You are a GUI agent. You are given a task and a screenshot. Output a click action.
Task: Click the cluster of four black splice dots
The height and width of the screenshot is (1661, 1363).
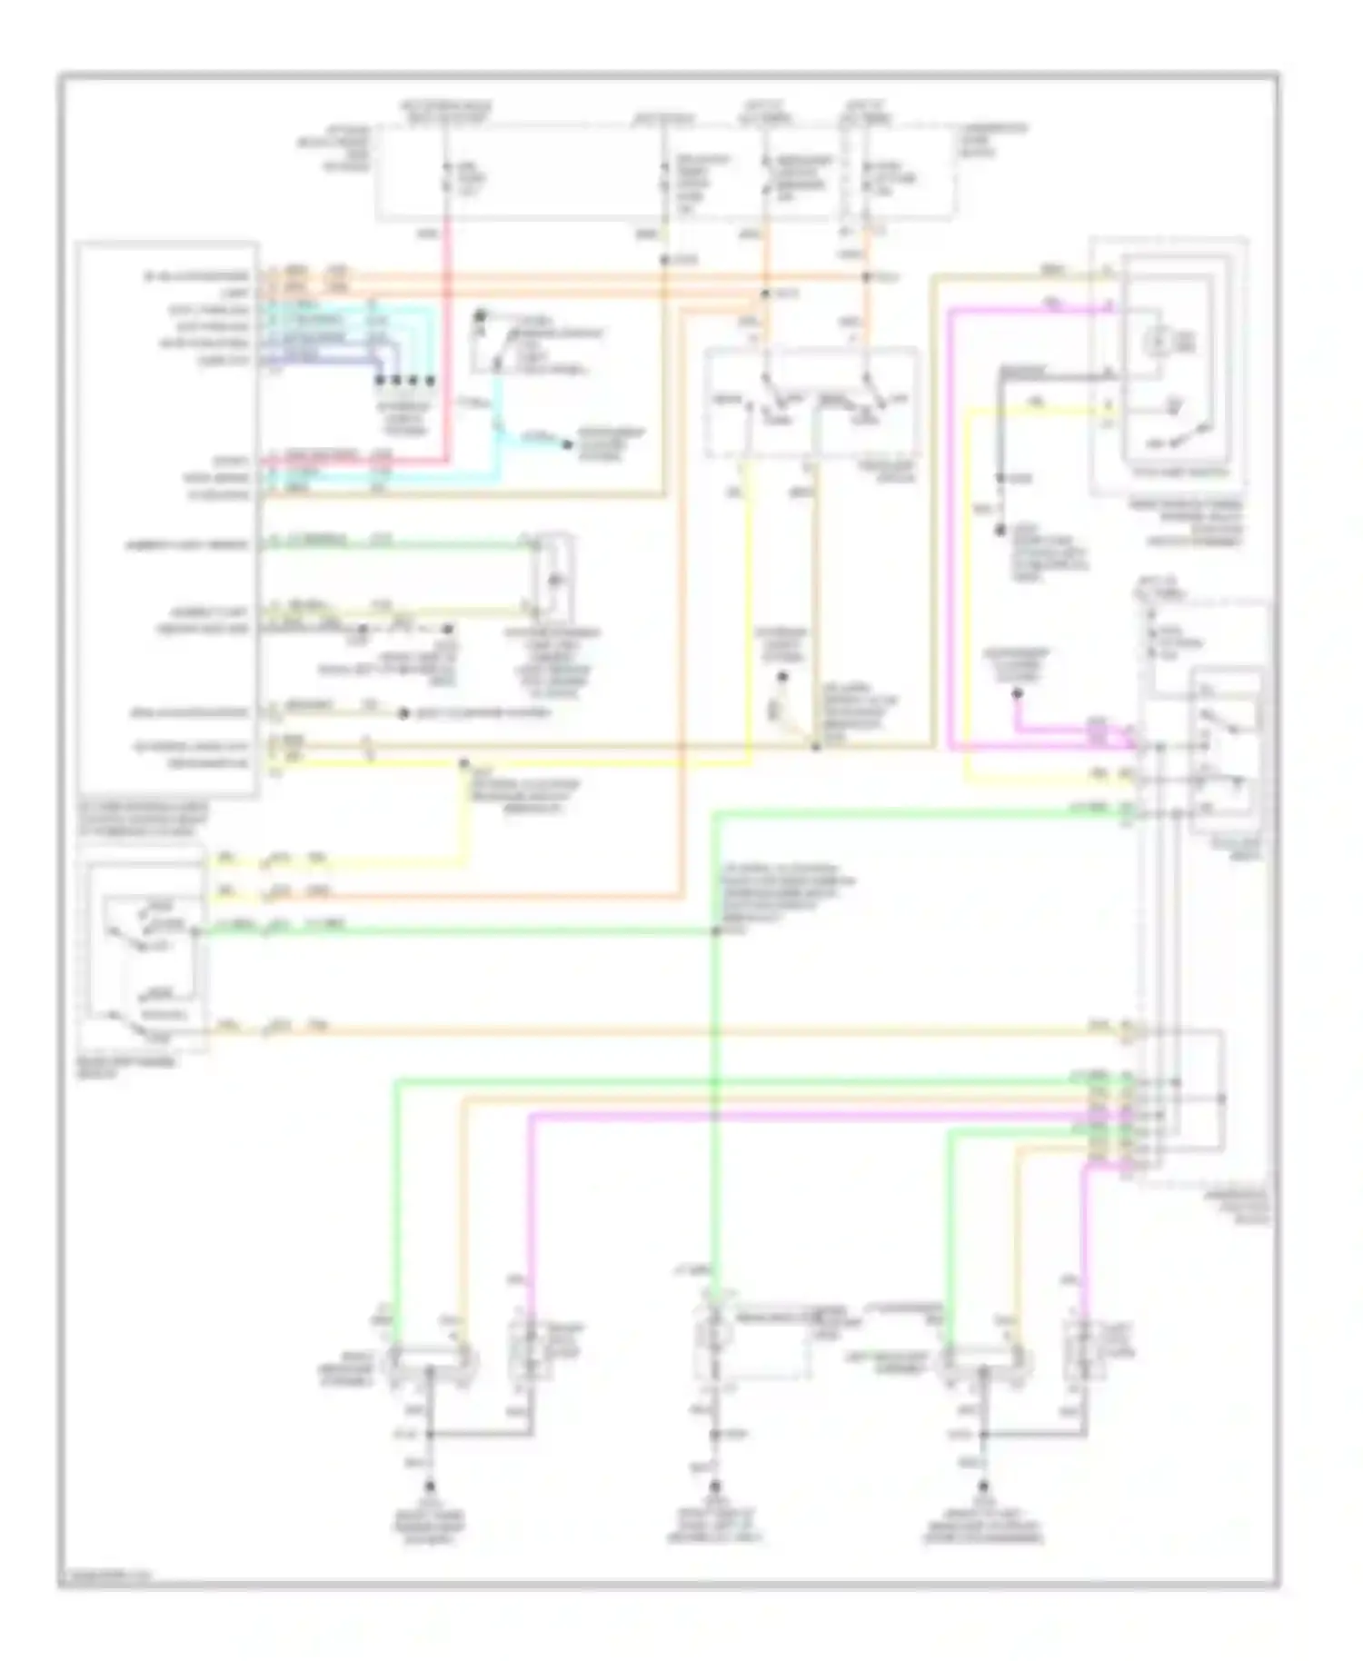point(405,380)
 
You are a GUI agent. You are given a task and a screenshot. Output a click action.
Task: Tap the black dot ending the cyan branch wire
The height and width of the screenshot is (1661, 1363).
point(567,444)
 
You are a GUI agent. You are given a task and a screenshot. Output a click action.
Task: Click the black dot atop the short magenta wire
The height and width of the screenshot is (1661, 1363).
point(1017,695)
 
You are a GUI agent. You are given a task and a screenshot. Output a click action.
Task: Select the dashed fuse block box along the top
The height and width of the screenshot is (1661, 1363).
point(665,173)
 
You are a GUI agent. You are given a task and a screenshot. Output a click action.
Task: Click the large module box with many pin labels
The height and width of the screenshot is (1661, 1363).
point(168,518)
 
